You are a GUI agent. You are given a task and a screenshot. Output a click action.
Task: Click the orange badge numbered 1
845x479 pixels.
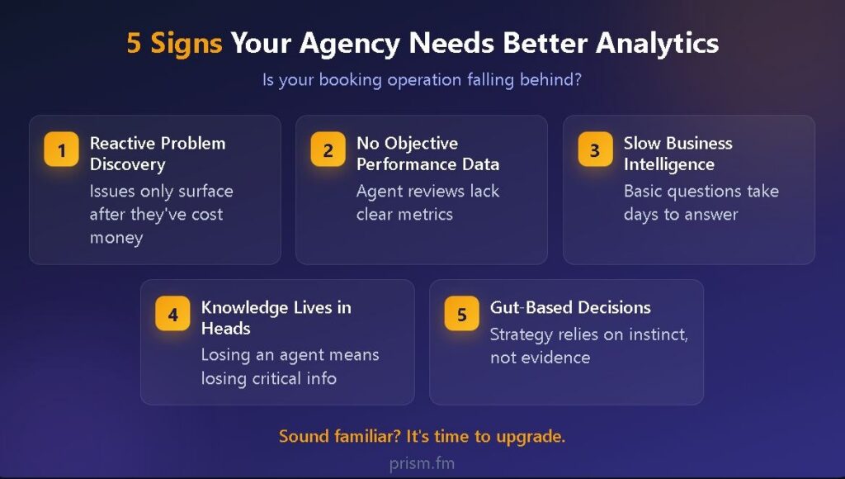(x=61, y=149)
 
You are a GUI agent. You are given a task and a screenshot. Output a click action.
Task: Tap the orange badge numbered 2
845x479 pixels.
(x=328, y=149)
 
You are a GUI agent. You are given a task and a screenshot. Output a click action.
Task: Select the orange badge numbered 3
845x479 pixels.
(x=596, y=149)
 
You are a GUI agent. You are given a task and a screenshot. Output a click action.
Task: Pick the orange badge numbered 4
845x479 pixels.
(x=172, y=313)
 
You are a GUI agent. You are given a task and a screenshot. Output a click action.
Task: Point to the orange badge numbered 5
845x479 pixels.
(x=462, y=313)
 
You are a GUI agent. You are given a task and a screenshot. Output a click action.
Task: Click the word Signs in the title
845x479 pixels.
(x=186, y=44)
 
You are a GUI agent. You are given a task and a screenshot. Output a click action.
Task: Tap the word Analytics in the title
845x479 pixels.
(x=657, y=44)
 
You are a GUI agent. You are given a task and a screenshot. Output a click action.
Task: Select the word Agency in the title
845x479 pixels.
(x=350, y=44)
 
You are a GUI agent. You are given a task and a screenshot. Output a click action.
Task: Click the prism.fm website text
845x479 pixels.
(x=422, y=463)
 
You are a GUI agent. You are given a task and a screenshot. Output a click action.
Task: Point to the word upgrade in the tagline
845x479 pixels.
(x=531, y=436)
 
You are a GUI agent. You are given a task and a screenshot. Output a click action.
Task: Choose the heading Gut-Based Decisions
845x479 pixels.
(x=570, y=307)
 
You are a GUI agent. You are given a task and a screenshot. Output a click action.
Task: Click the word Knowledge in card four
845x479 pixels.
(x=244, y=308)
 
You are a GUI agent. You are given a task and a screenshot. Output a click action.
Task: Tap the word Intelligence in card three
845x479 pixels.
(x=668, y=164)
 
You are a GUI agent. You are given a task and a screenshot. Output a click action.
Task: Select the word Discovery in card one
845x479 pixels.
(x=128, y=164)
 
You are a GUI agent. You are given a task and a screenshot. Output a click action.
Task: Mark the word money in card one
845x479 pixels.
(x=116, y=238)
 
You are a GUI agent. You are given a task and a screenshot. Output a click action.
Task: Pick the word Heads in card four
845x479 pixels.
(x=226, y=329)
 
